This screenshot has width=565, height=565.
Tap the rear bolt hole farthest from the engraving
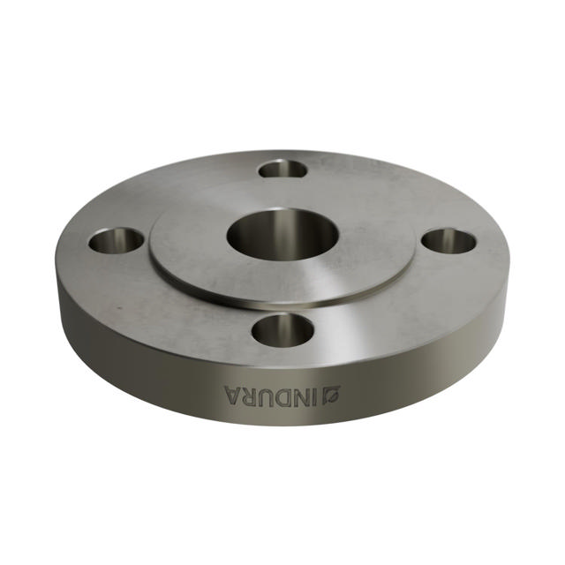283,168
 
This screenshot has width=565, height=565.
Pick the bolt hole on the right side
449,239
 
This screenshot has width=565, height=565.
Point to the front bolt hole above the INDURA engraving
283,330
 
